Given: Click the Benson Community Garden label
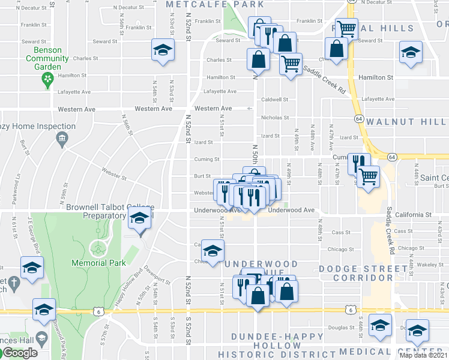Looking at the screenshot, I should point(43,58).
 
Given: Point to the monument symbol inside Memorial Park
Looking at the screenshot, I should point(96,247).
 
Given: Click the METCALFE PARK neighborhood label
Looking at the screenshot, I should point(214,4).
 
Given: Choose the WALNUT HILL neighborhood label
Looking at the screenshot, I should point(407,122).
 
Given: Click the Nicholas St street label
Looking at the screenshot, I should point(275,118).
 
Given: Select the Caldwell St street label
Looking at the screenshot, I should point(275,100).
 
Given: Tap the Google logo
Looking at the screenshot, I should point(19,353).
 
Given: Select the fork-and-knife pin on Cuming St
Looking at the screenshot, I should point(358,163).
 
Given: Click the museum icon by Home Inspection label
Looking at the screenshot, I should point(61,140).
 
